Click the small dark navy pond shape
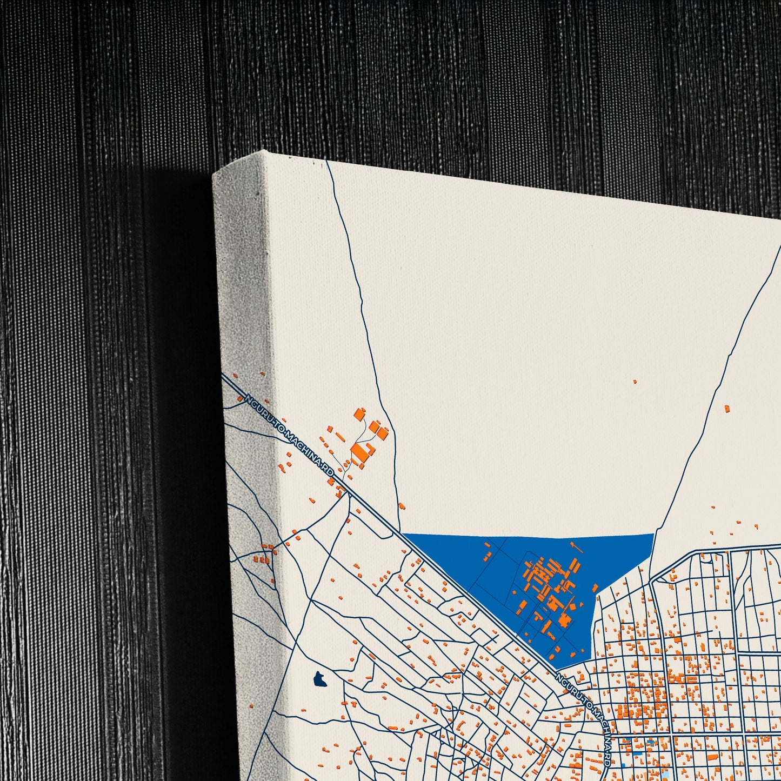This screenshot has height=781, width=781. [x=321, y=679]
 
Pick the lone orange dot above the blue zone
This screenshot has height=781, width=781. [x=635, y=382]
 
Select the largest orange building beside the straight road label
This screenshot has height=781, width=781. [x=359, y=453]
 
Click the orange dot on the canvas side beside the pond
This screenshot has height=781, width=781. [x=251, y=705]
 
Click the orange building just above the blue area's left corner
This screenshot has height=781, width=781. [x=402, y=506]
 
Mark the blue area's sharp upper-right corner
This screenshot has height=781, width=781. [x=655, y=534]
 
